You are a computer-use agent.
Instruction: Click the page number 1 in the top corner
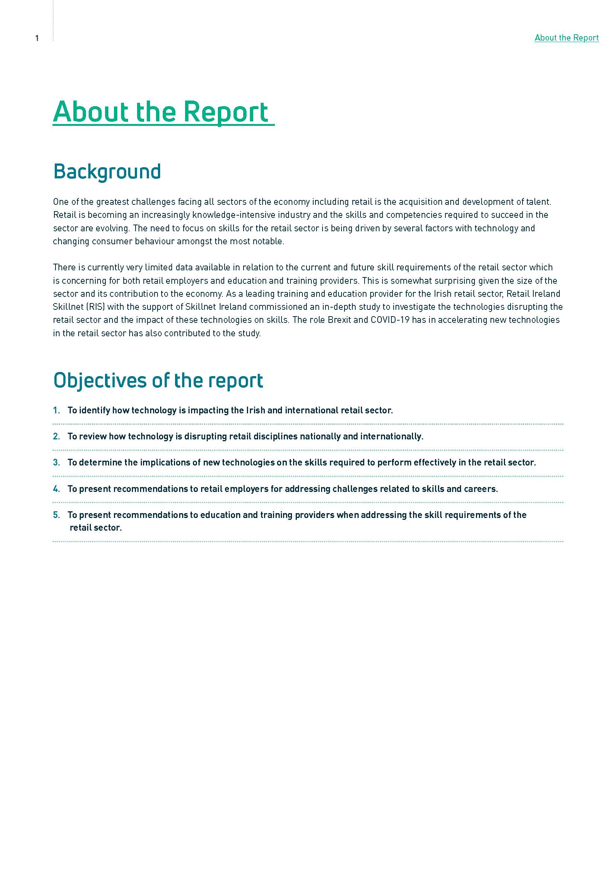[x=37, y=38]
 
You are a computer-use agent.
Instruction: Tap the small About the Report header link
[x=566, y=38]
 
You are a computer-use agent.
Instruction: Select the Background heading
[x=107, y=171]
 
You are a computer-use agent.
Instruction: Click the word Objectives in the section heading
[x=100, y=380]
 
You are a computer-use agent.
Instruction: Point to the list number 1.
[x=56, y=410]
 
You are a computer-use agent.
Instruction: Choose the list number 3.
[x=56, y=462]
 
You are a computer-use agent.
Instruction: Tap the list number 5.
[x=56, y=515]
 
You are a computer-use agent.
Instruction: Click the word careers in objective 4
[x=482, y=489]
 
